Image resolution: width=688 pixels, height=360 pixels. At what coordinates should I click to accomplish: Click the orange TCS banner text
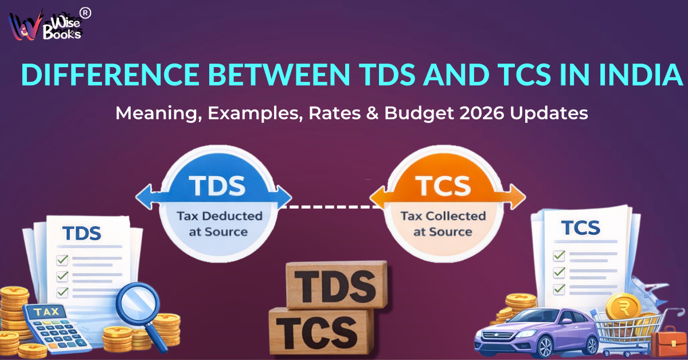pos(444,186)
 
